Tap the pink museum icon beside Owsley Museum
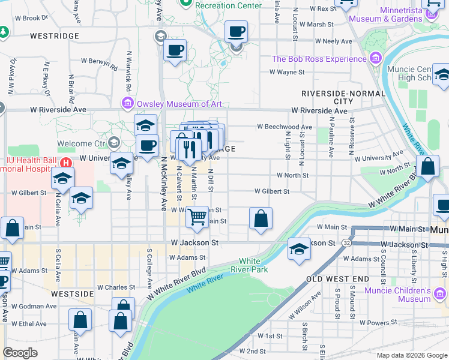pos(128,104)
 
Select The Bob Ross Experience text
pos(319,59)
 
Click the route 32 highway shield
pos(347,242)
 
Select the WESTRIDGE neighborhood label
pos(55,36)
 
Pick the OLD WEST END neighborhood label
pos(338,280)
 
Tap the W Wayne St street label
pos(287,72)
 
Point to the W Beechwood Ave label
pos(285,127)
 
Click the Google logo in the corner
pos(20,353)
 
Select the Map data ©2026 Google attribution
pos(412,355)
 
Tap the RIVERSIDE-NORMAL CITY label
pos(342,98)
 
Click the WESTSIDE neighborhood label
pos(72,294)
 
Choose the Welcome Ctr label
pos(82,143)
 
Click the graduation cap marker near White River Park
pos(299,248)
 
